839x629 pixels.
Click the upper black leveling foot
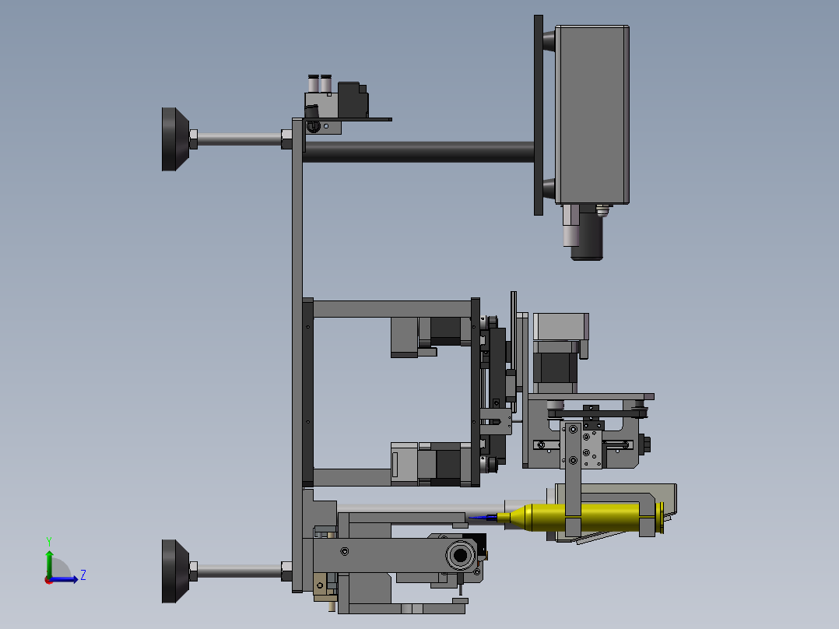point(175,139)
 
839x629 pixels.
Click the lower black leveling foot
point(175,571)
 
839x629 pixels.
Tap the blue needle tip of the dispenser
point(483,518)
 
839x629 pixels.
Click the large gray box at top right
point(592,114)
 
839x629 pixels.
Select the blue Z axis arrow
point(64,579)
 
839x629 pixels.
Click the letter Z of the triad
point(83,575)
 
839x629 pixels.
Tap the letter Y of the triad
point(49,541)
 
